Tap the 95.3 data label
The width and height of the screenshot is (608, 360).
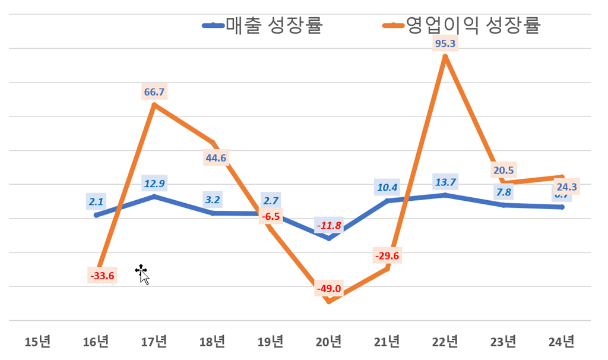(x=445, y=43)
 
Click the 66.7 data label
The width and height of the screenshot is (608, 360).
(x=154, y=92)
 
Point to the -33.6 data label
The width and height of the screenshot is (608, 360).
(x=102, y=276)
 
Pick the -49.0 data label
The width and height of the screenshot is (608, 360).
(x=328, y=289)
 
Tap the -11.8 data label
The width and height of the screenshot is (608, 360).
(x=328, y=226)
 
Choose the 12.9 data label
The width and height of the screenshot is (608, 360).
(x=154, y=183)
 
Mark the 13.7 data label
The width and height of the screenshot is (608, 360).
(x=445, y=182)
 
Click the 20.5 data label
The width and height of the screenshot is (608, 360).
(x=503, y=170)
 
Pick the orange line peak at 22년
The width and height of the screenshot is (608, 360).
(x=445, y=56)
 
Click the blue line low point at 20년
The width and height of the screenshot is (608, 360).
(x=329, y=238)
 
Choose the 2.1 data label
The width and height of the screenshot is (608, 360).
(x=96, y=202)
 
